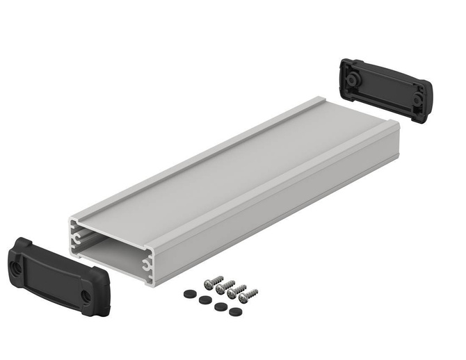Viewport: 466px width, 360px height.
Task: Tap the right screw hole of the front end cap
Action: tap(86, 295)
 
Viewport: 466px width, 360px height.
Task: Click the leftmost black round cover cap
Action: tap(188, 294)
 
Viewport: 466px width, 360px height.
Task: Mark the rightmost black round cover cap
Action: tap(235, 311)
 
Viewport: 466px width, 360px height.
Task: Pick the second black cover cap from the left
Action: tap(204, 300)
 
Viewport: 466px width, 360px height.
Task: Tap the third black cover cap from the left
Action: tap(220, 306)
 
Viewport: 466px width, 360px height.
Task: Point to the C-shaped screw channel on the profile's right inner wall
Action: tap(147, 262)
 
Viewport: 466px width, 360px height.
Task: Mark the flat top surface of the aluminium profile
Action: tap(230, 174)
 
